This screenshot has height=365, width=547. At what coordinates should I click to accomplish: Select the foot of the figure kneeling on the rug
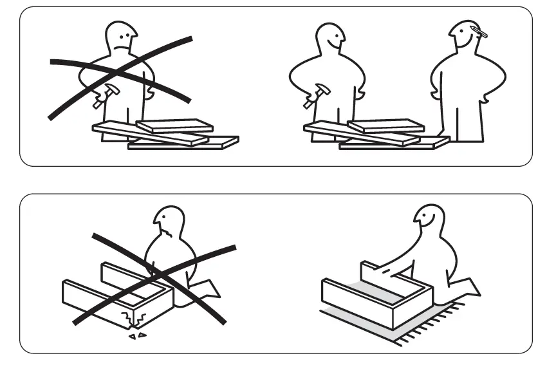467,286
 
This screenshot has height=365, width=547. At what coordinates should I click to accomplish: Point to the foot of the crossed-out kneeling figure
207,290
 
